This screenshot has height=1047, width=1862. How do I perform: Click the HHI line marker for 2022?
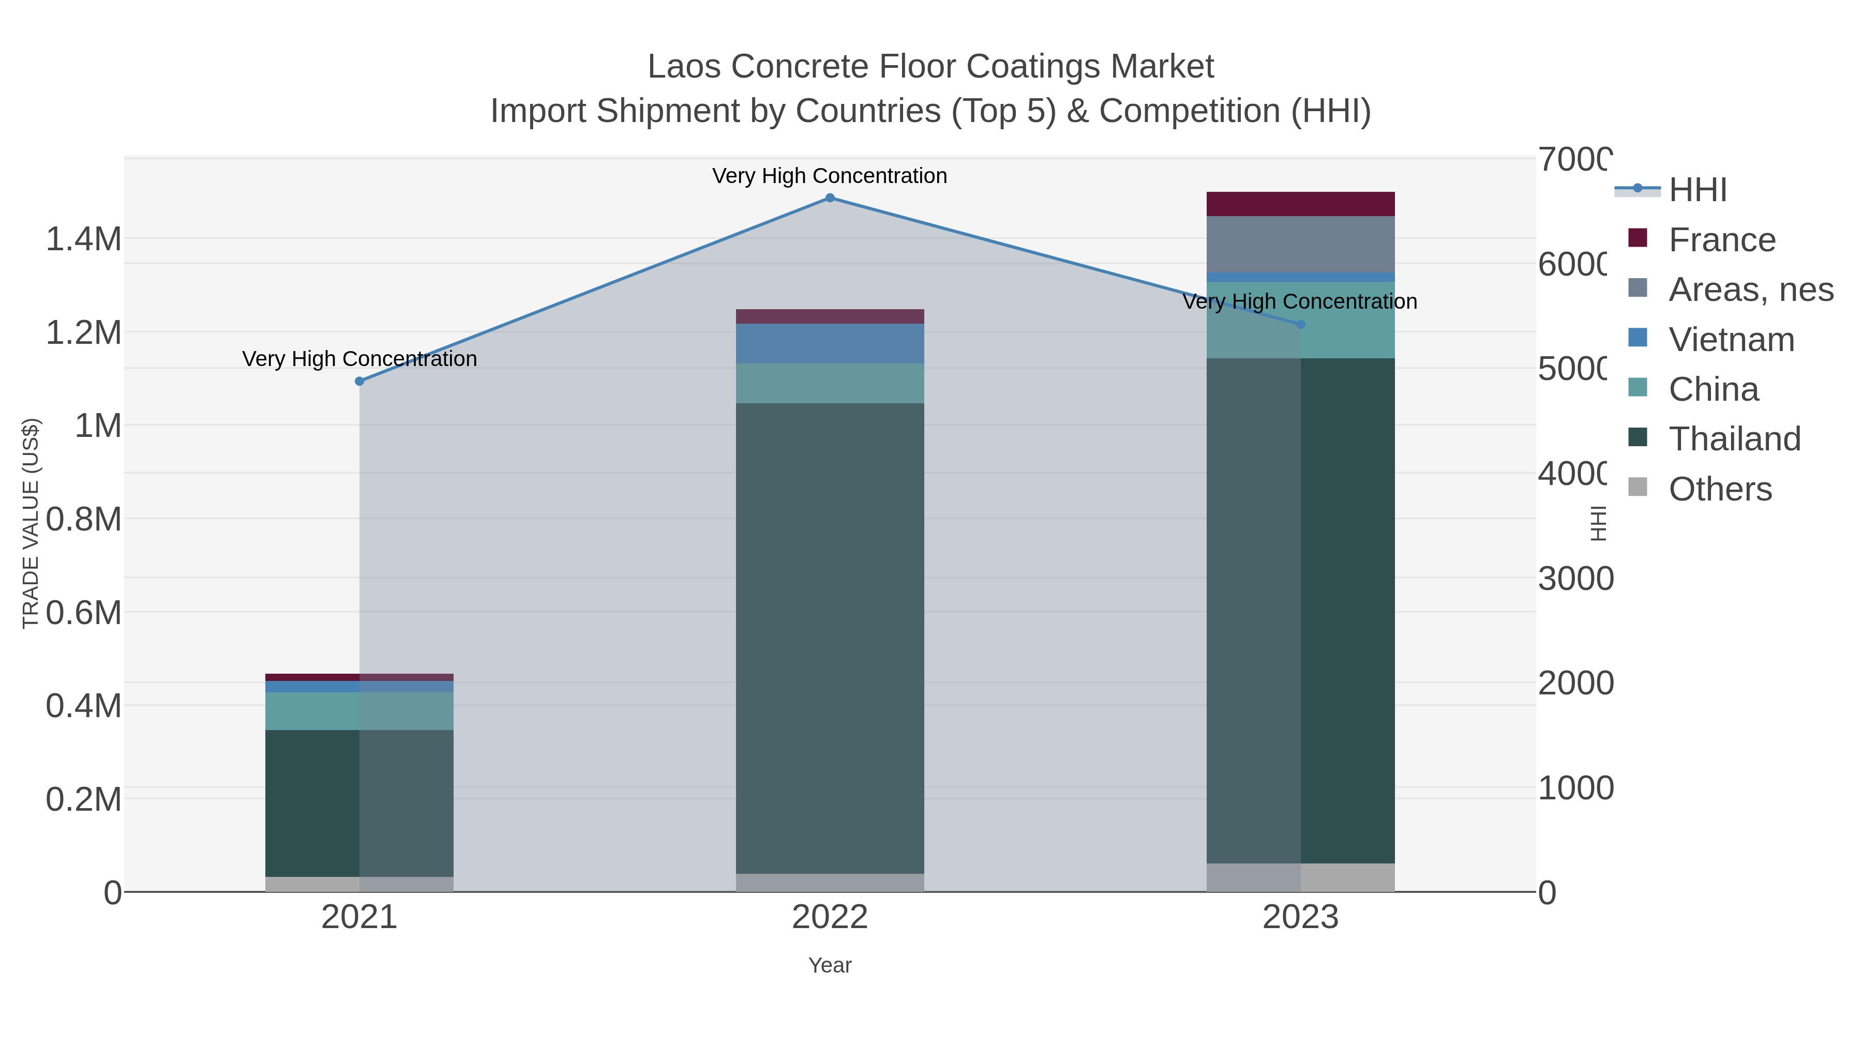point(830,198)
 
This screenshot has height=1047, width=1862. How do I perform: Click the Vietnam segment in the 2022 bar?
point(830,344)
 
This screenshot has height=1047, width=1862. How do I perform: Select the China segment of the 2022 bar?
point(830,384)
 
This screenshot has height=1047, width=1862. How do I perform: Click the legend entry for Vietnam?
point(1731,340)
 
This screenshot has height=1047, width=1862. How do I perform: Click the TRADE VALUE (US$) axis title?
point(31,523)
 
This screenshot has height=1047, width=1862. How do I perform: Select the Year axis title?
point(830,965)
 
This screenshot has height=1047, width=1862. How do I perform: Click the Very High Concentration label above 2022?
point(830,176)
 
